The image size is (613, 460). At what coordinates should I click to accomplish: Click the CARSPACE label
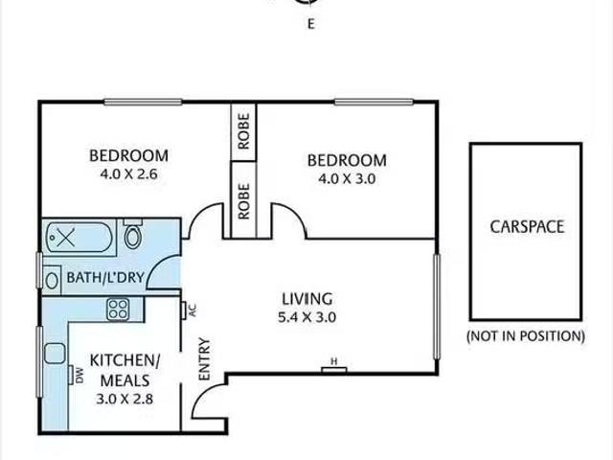[x=527, y=227]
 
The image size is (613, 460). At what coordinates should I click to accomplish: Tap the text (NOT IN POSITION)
[x=526, y=335]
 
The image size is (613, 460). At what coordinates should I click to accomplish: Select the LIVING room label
[x=306, y=297]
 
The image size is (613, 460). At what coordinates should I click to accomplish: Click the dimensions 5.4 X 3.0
[x=306, y=316]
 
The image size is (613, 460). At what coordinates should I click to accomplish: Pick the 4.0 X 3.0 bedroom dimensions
[x=347, y=178]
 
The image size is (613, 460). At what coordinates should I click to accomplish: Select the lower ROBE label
[x=243, y=201]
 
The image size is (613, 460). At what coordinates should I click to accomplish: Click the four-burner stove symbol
[x=119, y=308]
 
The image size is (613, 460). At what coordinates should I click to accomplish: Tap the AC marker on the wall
[x=191, y=310]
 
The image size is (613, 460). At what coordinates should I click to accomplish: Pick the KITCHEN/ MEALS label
[x=125, y=369]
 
